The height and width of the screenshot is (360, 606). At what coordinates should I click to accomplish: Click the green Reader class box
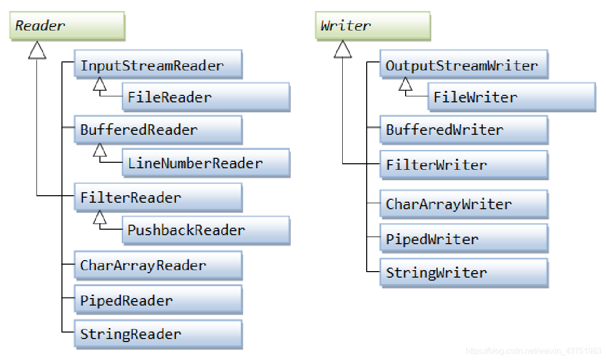click(x=67, y=26)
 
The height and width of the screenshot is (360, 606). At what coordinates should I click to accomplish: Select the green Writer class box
click(x=373, y=26)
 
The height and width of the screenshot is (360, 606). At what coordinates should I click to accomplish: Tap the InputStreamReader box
click(x=158, y=64)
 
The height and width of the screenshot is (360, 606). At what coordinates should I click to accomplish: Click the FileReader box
click(x=206, y=97)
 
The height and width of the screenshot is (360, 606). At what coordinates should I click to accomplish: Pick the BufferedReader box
click(x=158, y=130)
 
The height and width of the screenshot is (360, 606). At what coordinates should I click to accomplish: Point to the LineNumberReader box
click(x=206, y=163)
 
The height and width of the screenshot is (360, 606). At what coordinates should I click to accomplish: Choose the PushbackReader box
click(x=206, y=231)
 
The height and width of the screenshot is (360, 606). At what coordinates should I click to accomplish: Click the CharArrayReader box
click(x=158, y=265)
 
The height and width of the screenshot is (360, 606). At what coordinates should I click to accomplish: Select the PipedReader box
click(x=158, y=300)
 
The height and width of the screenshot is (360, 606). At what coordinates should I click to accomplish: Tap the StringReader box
click(x=158, y=335)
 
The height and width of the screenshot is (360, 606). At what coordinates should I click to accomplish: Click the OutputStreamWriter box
click(x=464, y=64)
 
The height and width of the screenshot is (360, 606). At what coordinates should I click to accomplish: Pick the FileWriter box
click(x=512, y=97)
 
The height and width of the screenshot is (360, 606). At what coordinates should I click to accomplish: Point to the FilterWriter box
click(x=464, y=165)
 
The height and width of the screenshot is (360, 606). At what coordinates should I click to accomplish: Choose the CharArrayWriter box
click(x=464, y=204)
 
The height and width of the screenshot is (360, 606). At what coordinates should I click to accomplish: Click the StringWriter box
click(x=464, y=273)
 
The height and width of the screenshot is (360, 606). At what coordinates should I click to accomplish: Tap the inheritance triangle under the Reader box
click(x=37, y=50)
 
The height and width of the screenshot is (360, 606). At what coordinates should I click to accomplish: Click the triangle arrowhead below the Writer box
click(x=343, y=49)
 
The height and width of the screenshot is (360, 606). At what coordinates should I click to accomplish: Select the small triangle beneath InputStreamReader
click(x=99, y=84)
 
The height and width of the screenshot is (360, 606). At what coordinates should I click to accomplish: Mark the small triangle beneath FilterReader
click(x=99, y=217)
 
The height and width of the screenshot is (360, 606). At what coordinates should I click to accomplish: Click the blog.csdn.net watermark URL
click(x=533, y=351)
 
